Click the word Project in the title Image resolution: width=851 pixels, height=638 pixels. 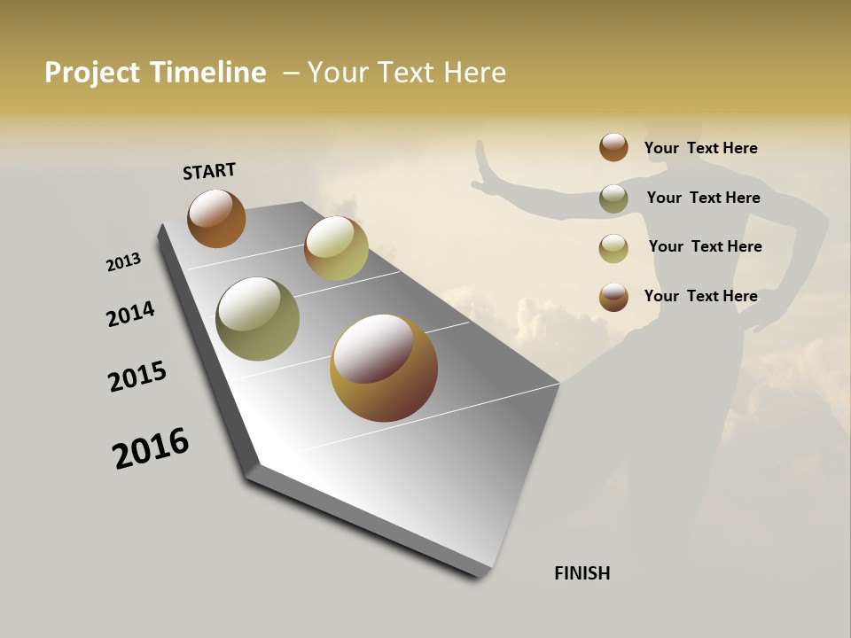coord(92,73)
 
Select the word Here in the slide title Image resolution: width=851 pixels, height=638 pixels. coord(474,73)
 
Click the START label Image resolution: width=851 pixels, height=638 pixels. coord(209,171)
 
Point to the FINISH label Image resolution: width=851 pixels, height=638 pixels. coord(582,573)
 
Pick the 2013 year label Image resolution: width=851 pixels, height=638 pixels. coord(123,262)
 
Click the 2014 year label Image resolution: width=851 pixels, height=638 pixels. coord(130,315)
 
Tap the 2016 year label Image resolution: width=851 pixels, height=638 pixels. coord(151,448)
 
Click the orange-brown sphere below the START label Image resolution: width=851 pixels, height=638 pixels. coord(216,218)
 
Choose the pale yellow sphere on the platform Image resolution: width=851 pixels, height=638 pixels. coord(336,248)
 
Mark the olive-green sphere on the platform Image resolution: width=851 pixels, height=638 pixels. coord(257,319)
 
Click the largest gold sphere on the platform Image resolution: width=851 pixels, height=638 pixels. coord(384,368)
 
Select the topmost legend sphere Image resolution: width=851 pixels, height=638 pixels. coord(613,147)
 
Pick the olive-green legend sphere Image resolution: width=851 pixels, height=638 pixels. coord(613,198)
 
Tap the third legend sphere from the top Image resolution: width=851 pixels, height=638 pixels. coord(613,248)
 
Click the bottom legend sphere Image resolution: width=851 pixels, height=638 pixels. coord(613,297)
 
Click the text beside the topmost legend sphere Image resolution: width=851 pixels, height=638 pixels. coord(700,149)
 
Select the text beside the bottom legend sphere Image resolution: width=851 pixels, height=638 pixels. coord(700,296)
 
